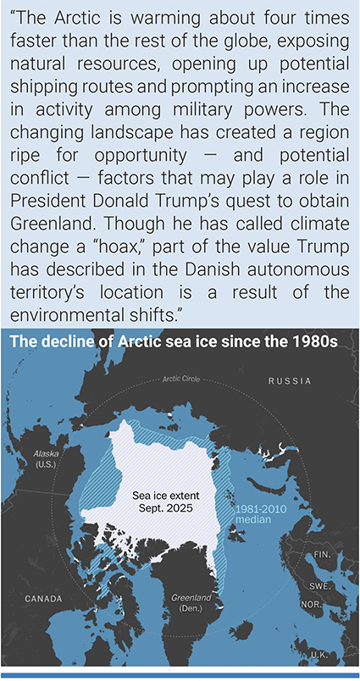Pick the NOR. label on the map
[x=312, y=605]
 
